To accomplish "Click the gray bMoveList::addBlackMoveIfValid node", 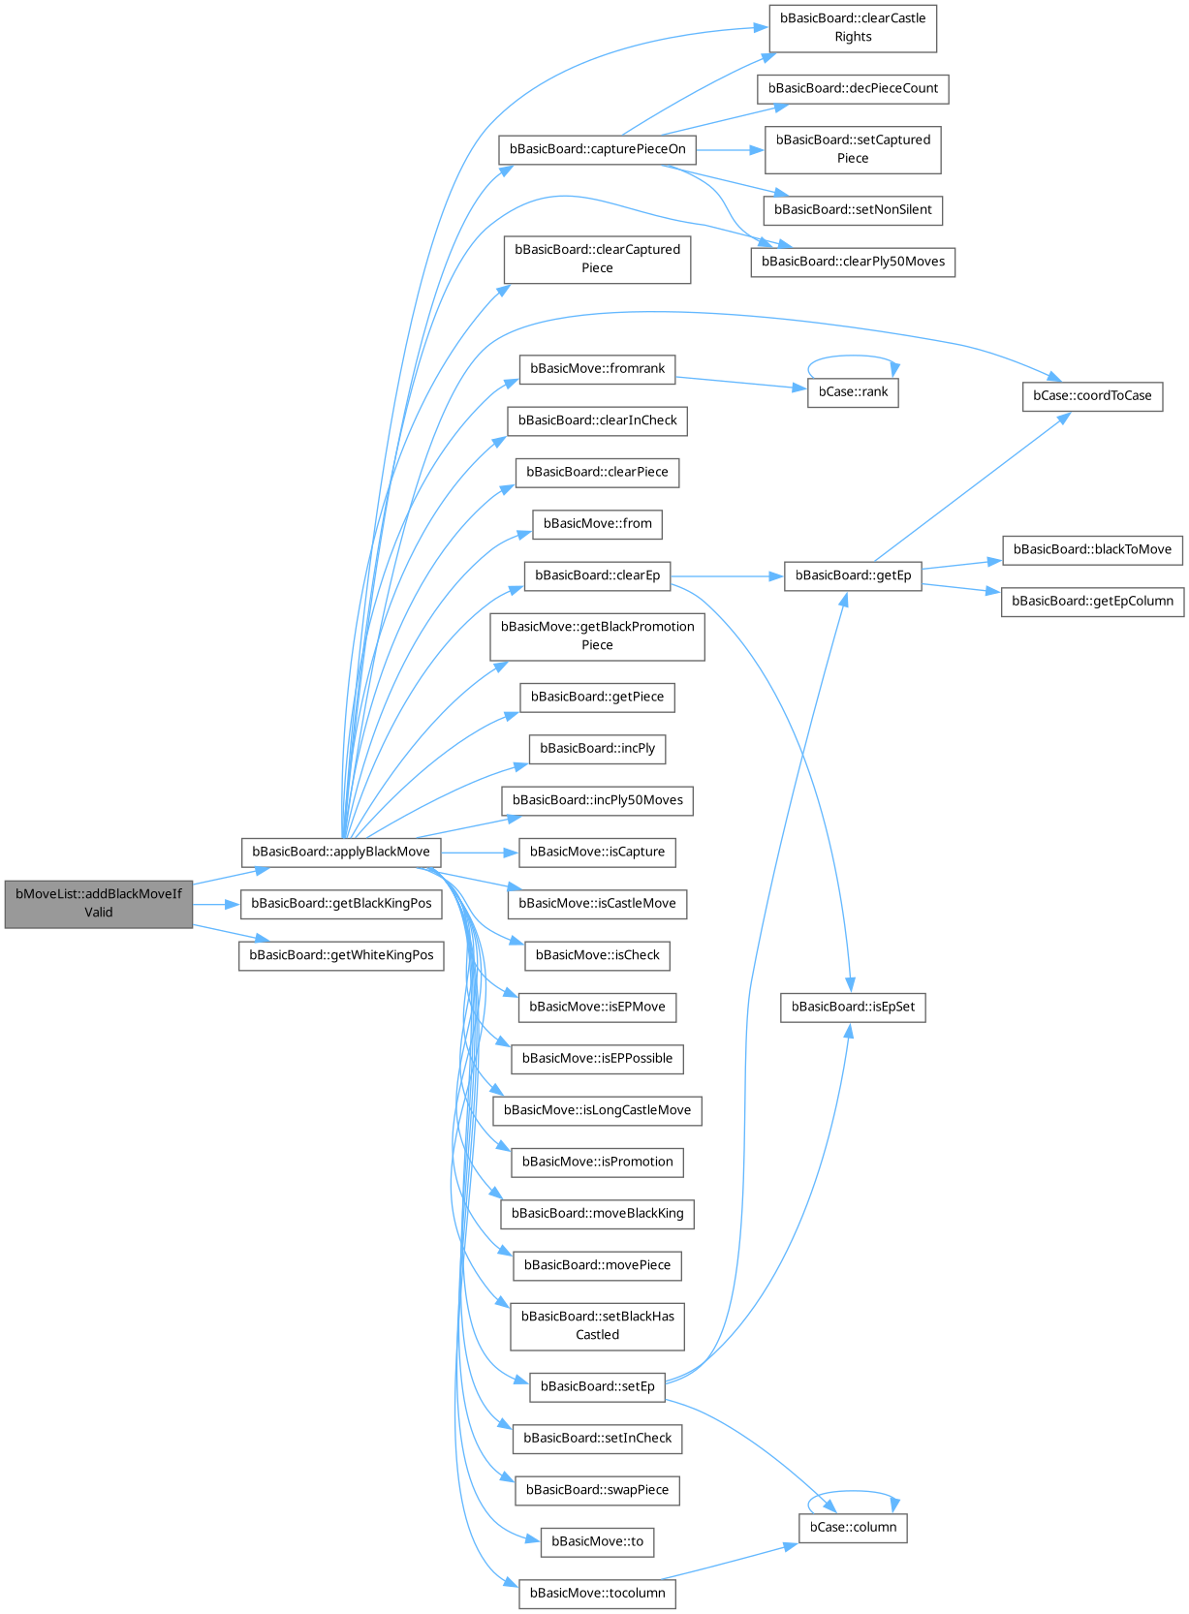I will click(x=98, y=903).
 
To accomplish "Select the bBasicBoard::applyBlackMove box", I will click(x=340, y=852).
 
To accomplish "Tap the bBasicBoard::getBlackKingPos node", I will click(x=341, y=903).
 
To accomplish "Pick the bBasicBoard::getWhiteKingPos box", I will click(x=341, y=954).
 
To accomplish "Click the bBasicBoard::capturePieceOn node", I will click(x=597, y=149).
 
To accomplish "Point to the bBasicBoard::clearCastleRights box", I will click(x=853, y=27).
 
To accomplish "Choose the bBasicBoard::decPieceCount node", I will click(x=853, y=88).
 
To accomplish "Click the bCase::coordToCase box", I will click(x=1092, y=395).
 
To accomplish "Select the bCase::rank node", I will click(x=853, y=391).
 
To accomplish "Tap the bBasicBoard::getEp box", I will click(x=853, y=575).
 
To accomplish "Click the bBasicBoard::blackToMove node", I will click(x=1092, y=549).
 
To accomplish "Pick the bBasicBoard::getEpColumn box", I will click(x=1092, y=601).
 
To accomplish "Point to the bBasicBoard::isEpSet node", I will click(x=853, y=1007).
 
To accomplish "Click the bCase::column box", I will click(x=853, y=1527).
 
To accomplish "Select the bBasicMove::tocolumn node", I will click(x=597, y=1593).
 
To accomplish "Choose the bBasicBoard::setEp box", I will click(x=597, y=1386).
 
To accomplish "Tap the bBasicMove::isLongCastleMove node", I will click(x=597, y=1109).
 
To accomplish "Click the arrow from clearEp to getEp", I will click(x=727, y=575).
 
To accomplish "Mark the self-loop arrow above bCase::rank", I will click(x=853, y=357).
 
